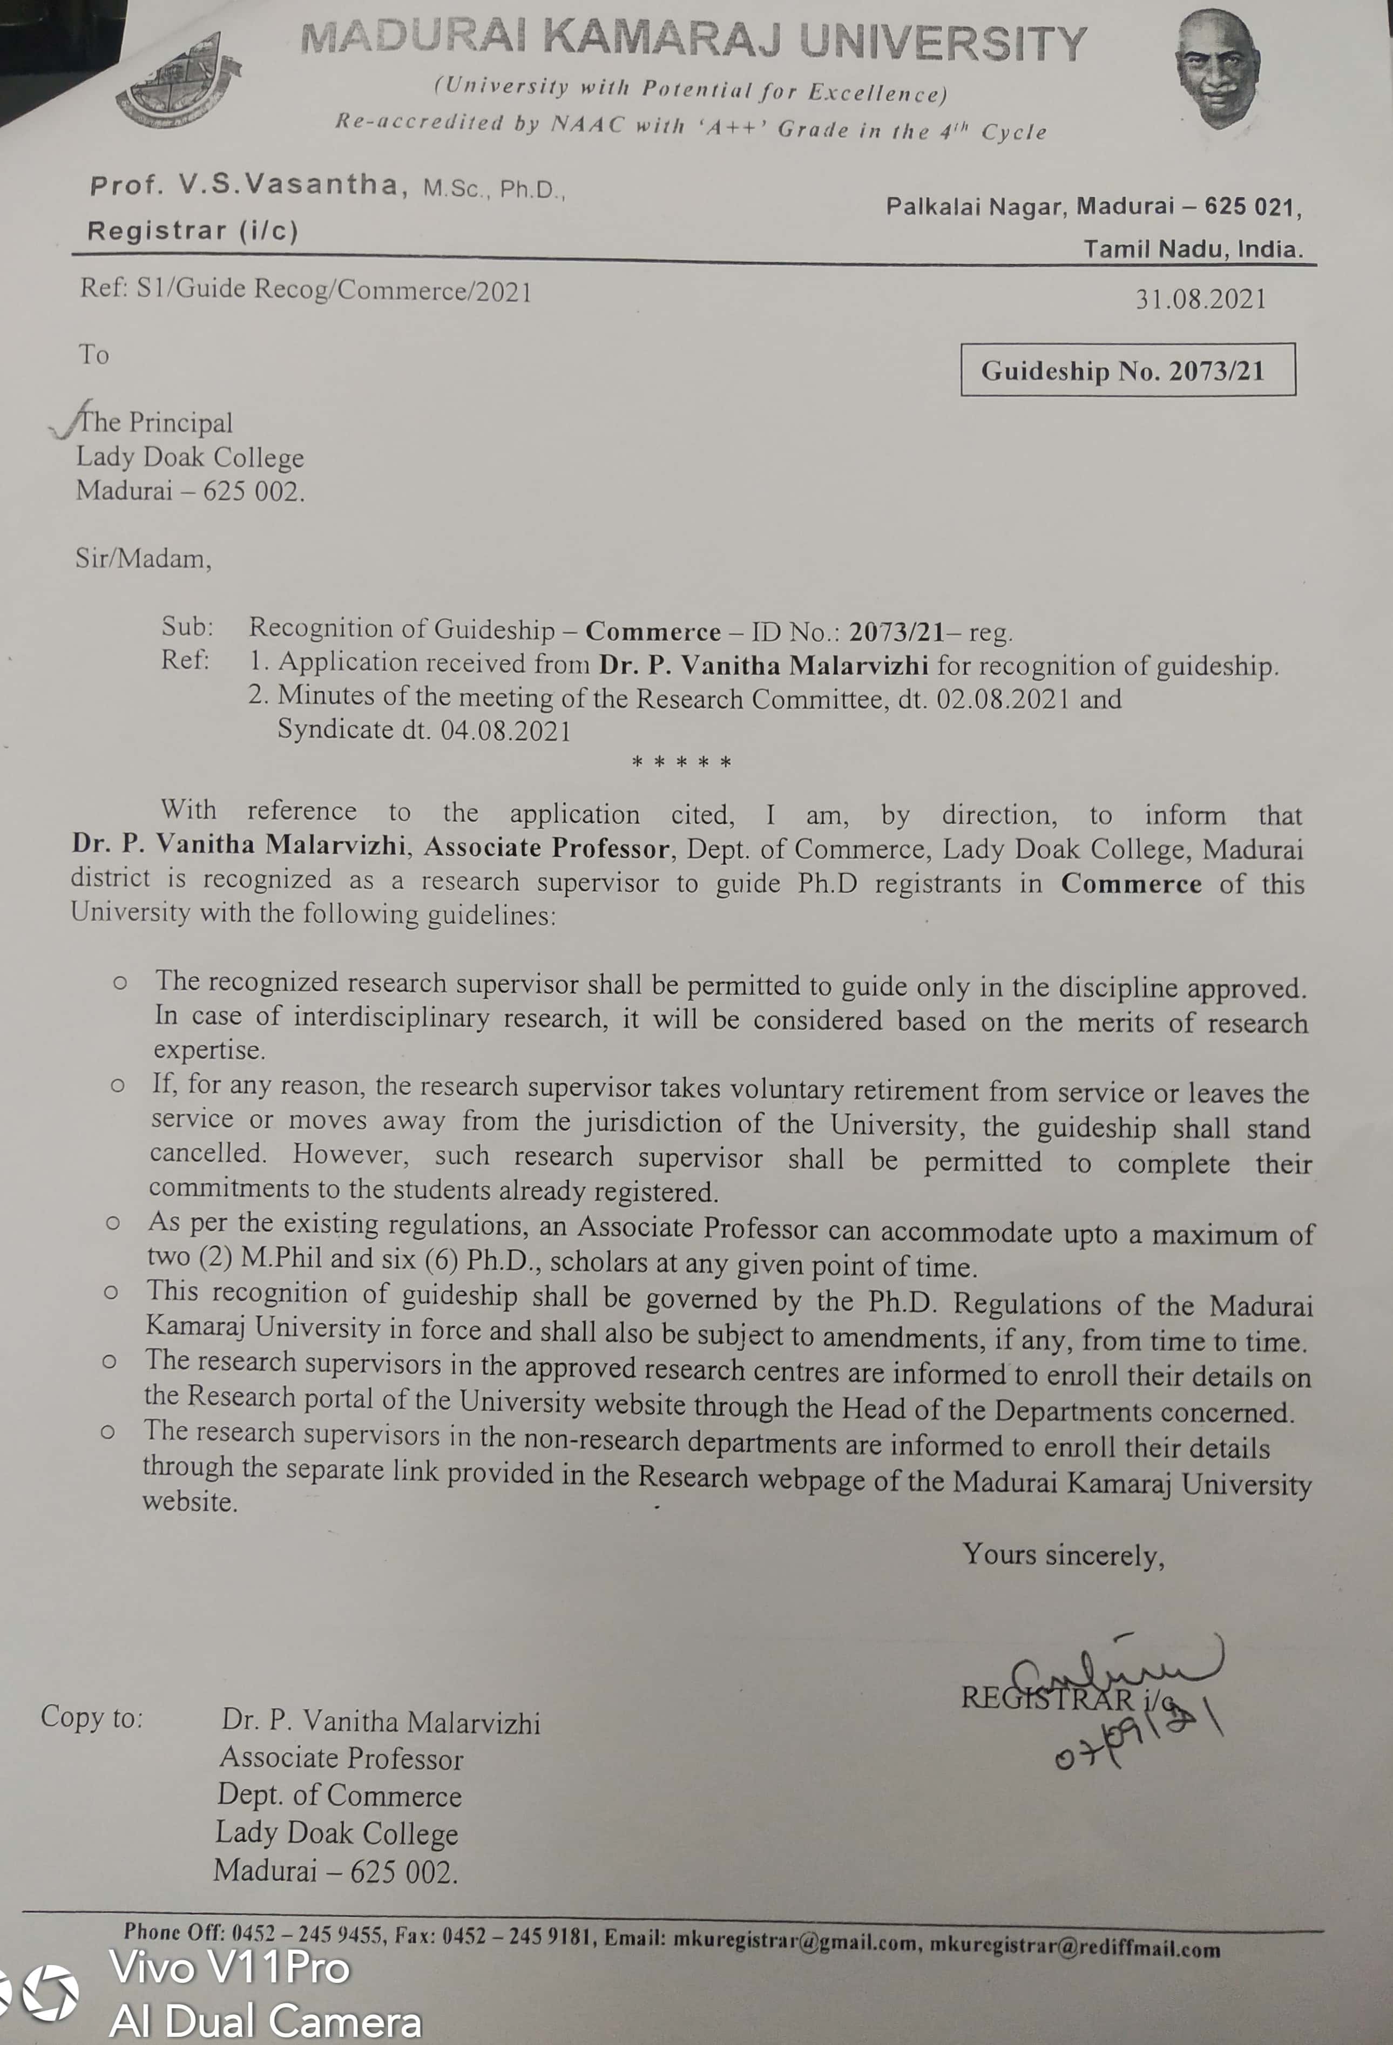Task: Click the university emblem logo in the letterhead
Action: coord(180,81)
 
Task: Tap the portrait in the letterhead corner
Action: coord(1218,69)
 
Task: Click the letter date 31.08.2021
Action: coord(1199,299)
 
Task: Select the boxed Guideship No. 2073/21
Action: coord(1127,370)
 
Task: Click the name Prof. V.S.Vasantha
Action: coord(244,185)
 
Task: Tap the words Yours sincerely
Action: coord(1063,1555)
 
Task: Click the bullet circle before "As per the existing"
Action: coord(113,1223)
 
